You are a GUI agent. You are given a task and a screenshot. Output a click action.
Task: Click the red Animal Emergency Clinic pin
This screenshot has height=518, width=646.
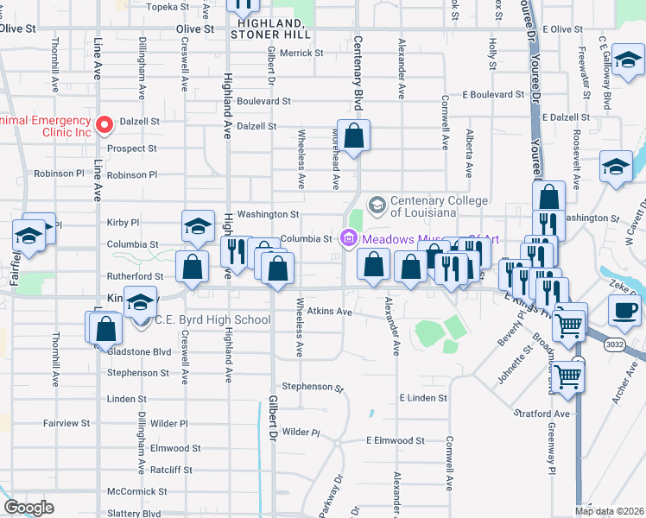104,125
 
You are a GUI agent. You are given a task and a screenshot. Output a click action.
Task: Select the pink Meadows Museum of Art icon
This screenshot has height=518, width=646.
349,238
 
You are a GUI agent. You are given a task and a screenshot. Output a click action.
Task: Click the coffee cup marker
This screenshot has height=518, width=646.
624,309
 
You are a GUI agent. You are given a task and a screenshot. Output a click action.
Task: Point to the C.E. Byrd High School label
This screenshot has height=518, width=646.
212,320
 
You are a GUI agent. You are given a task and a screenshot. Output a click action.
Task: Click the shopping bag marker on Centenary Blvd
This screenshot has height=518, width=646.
354,136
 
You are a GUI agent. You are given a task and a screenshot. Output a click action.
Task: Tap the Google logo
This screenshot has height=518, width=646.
28,508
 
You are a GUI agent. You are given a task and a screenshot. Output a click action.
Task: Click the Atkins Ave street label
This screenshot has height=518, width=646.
332,311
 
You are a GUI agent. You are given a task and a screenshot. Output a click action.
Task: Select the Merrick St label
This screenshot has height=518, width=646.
301,53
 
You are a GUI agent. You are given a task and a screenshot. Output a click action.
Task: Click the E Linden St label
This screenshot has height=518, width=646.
423,398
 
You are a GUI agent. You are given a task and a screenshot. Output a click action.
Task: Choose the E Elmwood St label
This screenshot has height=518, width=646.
395,440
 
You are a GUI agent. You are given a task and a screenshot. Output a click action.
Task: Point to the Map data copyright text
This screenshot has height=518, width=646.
609,511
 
